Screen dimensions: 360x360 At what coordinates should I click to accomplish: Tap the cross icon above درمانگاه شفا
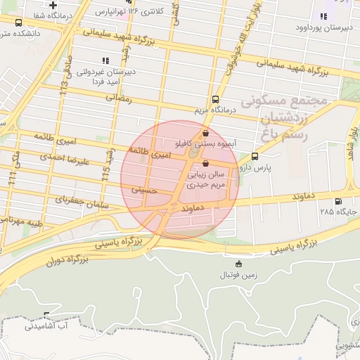pyautogui.click(x=52, y=6)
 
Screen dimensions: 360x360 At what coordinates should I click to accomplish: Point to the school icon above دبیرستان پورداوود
pyautogui.click(x=323, y=16)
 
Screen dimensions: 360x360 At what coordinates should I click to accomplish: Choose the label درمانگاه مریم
pyautogui.click(x=215, y=110)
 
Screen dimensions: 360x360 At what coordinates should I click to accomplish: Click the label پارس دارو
pyautogui.click(x=254, y=168)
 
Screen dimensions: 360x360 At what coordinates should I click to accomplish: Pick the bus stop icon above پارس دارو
pyautogui.click(x=255, y=157)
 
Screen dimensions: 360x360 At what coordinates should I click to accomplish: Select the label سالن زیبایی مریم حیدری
pyautogui.click(x=205, y=179)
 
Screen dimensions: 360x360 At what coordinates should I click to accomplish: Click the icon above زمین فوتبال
pyautogui.click(x=238, y=264)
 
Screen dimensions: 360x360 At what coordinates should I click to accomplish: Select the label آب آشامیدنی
pyautogui.click(x=45, y=326)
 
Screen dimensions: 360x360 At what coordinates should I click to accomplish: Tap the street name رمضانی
pyautogui.click(x=118, y=100)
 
